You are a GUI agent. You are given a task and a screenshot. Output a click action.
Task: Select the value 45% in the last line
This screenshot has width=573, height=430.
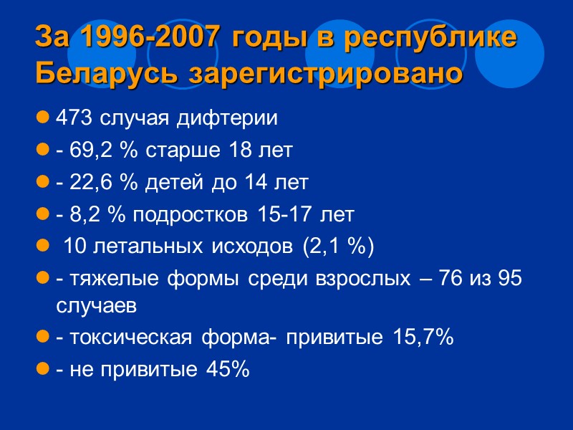click(228, 370)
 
